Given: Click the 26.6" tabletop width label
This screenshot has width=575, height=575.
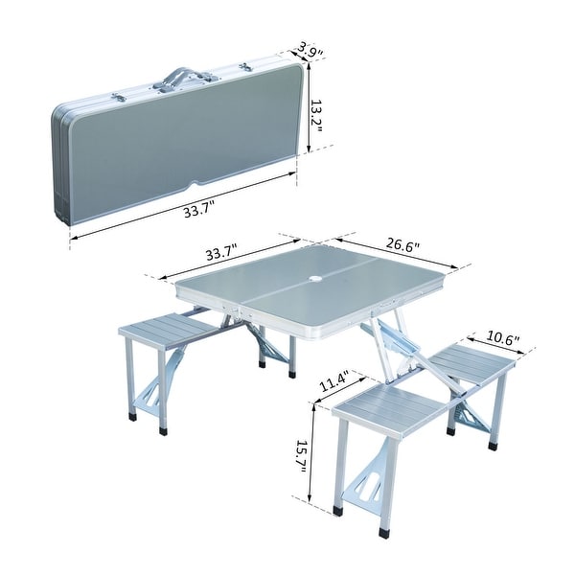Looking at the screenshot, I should tap(403, 246).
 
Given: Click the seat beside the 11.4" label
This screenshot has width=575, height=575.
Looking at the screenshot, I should tap(390, 407).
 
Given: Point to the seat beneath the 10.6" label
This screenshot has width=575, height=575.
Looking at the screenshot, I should tap(472, 363).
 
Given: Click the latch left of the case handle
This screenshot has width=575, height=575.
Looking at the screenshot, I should tap(119, 98).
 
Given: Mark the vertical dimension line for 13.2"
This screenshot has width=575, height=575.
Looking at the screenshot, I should tap(310, 107).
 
